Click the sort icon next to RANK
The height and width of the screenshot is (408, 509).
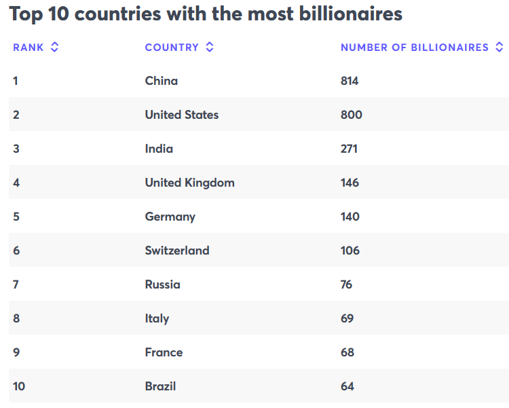point(54,48)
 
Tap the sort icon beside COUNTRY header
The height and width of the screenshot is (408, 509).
point(210,48)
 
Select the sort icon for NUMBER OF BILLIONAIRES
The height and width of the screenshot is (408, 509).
point(499,48)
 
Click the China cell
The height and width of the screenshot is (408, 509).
point(162,81)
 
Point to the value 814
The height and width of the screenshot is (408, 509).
point(350,81)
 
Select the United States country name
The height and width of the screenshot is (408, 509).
point(182,115)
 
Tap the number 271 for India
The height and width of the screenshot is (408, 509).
point(349,149)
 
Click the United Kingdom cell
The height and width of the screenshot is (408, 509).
point(189,183)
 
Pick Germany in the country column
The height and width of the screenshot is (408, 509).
point(170,217)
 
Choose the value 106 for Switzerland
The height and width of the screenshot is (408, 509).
point(350,251)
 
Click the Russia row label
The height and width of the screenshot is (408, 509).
point(163,284)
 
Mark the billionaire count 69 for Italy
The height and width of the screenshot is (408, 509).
point(347,318)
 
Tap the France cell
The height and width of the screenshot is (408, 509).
point(164,352)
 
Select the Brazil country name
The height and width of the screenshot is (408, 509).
point(160,386)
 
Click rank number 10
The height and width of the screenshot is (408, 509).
point(19,386)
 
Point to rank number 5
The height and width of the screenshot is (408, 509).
point(16,217)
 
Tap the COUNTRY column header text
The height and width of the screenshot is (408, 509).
point(172,48)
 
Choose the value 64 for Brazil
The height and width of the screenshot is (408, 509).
point(347,386)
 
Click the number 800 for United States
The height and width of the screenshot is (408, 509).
point(352,115)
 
